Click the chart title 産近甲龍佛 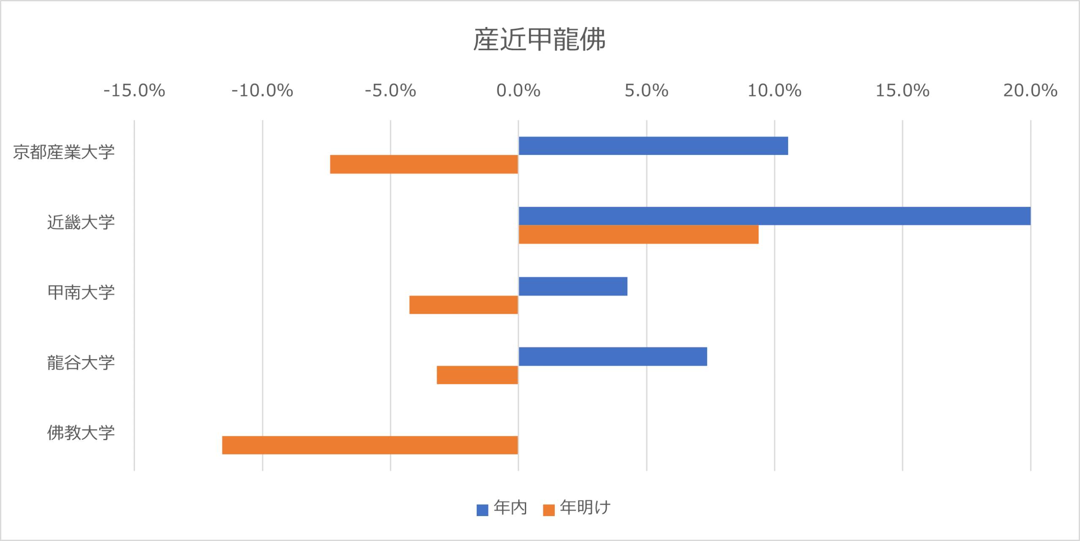pos(539,39)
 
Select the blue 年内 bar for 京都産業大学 pos(653,146)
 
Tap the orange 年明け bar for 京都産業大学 pos(424,164)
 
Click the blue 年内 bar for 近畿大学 pos(774,216)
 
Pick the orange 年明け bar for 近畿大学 pos(638,235)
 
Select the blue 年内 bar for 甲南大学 pos(573,286)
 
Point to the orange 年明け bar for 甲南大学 pos(464,305)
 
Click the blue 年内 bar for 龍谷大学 pos(613,357)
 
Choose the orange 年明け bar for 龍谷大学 pos(477,375)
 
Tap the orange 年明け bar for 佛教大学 pos(370,445)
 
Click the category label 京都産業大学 pos(64,152)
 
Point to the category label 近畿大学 pos(81,222)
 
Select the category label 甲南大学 pos(81,292)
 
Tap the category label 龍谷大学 pos(81,363)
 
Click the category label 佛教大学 pos(81,433)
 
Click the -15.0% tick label pos(134,91)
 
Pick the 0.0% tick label pos(518,91)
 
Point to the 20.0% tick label pos(1030,91)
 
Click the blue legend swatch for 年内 pos(482,510)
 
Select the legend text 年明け pos(585,508)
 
